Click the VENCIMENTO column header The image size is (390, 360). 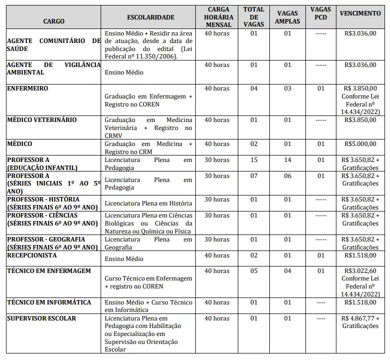[360, 13]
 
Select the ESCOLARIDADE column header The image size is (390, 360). [151, 17]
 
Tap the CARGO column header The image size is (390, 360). [54, 21]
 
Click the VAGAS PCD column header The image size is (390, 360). [320, 13]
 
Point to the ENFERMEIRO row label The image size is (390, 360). [28, 88]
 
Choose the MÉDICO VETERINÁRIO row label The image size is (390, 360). [42, 120]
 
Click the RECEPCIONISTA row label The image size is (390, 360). [32, 255]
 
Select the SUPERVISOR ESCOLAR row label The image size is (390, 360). [41, 318]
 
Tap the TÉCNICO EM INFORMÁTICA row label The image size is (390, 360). [49, 302]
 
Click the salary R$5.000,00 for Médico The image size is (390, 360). [360, 144]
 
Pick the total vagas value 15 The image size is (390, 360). [254, 160]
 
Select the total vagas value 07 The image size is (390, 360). [254, 176]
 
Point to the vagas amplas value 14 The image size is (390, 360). [287, 160]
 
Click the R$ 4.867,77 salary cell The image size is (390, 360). [360, 318]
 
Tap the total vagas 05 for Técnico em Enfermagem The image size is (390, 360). [254, 271]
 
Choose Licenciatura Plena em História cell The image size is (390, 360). [148, 203]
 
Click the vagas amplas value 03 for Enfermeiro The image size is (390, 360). [287, 88]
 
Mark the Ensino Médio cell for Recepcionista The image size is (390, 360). [124, 259]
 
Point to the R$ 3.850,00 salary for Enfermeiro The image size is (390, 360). [360, 88]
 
